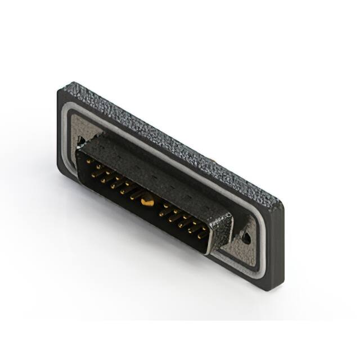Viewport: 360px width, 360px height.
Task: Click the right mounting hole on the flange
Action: [x=246, y=238]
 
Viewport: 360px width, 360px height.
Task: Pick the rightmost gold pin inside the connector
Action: [x=204, y=232]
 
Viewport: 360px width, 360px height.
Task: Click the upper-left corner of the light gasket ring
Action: [x=71, y=112]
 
